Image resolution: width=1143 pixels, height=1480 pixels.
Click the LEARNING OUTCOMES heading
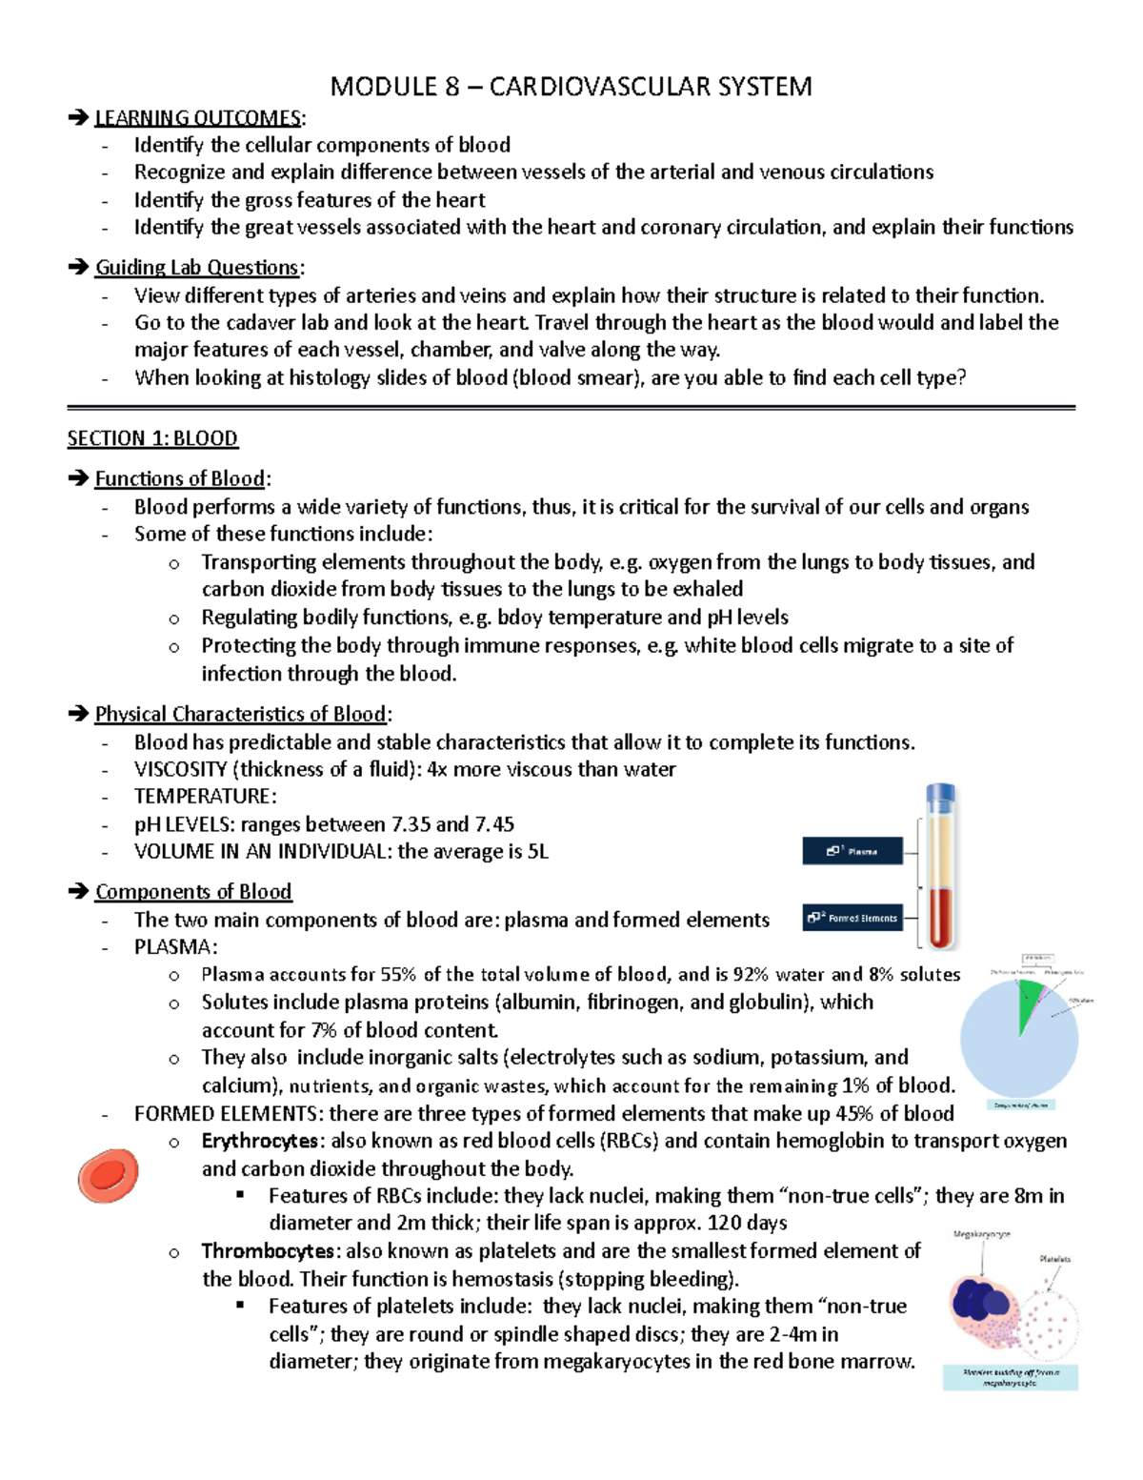point(198,117)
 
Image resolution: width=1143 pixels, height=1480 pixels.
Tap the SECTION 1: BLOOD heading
point(152,438)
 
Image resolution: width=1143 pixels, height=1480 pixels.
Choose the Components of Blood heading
point(193,891)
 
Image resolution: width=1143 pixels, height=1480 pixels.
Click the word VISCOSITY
point(180,769)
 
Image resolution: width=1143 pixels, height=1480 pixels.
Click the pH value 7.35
point(411,824)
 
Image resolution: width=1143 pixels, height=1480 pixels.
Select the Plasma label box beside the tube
point(852,851)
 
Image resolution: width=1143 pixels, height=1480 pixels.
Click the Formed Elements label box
point(852,918)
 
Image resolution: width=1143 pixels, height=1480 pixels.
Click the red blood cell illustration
point(108,1175)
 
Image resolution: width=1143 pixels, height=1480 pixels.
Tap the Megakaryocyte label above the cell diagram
point(981,1234)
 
